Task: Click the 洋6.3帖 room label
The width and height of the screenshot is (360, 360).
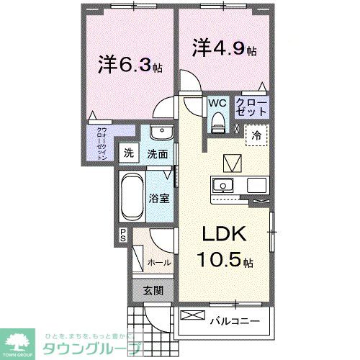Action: point(130,64)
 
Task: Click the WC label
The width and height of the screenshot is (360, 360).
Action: point(217,103)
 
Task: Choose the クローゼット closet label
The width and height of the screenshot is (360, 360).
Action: point(252,108)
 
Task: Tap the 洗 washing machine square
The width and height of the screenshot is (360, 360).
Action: point(129,153)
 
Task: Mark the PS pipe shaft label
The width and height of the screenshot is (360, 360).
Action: point(123,235)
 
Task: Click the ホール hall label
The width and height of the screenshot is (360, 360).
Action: point(158,262)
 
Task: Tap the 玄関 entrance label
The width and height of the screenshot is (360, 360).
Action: point(153,290)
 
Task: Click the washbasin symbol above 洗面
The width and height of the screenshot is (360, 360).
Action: point(161,135)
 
